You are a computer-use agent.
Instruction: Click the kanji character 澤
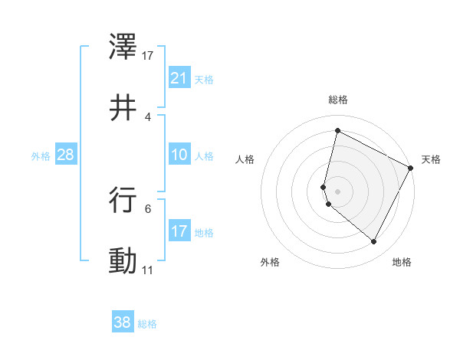pyautogui.click(x=123, y=47)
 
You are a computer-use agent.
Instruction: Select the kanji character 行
pyautogui.click(x=123, y=199)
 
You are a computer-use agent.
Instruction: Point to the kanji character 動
pyautogui.click(x=123, y=260)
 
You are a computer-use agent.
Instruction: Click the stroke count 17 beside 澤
pyautogui.click(x=148, y=56)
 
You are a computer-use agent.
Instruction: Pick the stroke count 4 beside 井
pyautogui.click(x=148, y=116)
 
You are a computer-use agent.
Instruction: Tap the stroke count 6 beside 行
pyautogui.click(x=148, y=208)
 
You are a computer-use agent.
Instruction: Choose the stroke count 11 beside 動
pyautogui.click(x=148, y=270)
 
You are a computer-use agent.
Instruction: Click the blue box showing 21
pyautogui.click(x=179, y=78)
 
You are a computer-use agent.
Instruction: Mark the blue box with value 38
pyautogui.click(x=122, y=322)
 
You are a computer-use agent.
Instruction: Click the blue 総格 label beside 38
pyautogui.click(x=147, y=324)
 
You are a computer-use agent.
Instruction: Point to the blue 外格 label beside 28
pyautogui.click(x=41, y=156)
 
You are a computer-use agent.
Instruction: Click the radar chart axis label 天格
pyautogui.click(x=431, y=159)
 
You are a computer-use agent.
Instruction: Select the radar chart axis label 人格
pyautogui.click(x=245, y=159)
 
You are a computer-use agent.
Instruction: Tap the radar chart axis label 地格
pyautogui.click(x=402, y=262)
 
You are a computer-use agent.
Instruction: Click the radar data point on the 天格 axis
pyautogui.click(x=411, y=168)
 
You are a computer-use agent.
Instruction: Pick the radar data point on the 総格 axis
pyautogui.click(x=337, y=130)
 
